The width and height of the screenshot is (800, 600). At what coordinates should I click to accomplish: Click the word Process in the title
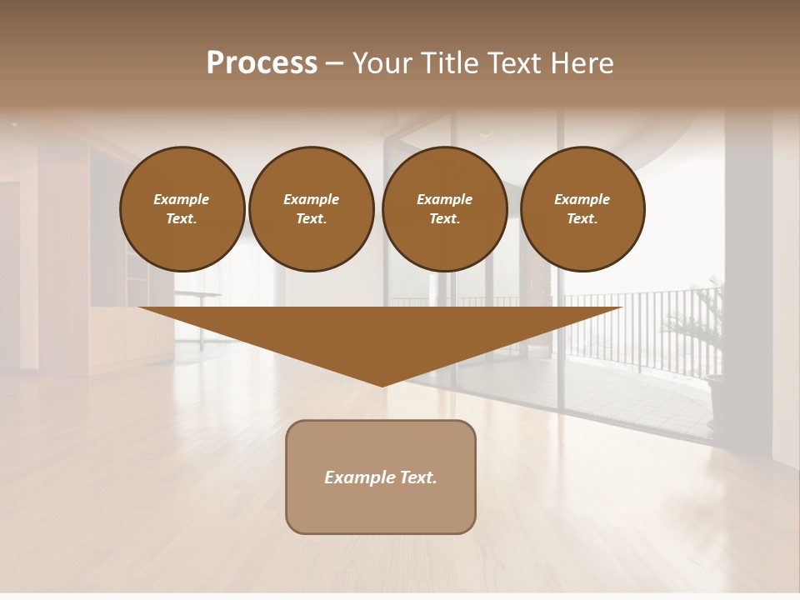point(262,63)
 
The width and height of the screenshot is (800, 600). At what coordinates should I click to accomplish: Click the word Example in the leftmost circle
point(182,199)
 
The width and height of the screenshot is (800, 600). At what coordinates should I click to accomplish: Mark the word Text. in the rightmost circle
point(582,219)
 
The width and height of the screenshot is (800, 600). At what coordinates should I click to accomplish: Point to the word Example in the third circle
point(445,199)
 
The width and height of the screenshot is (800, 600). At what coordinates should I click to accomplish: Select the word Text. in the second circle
point(312,219)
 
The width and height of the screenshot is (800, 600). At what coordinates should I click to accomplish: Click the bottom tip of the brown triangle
point(382,385)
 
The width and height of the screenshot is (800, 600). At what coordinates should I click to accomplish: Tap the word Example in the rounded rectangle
point(357,477)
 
